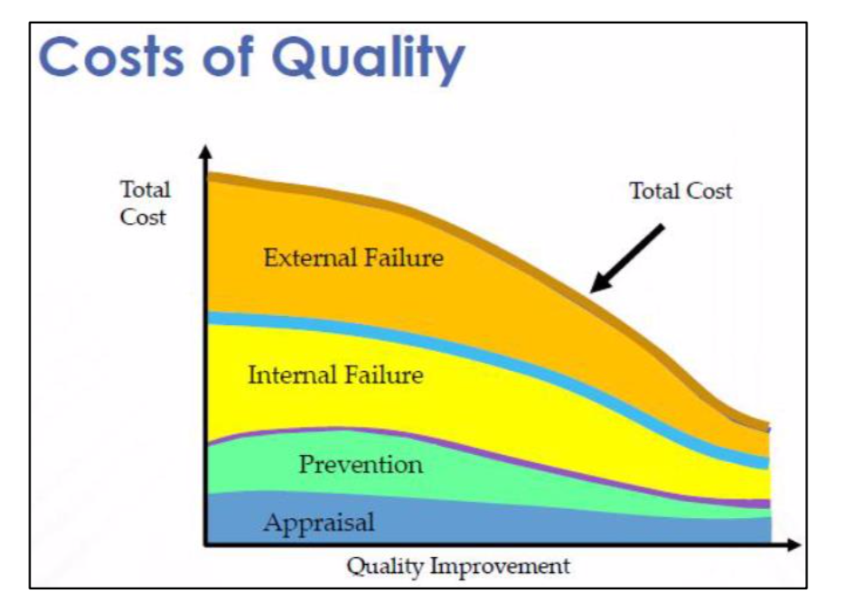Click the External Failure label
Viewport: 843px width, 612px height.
(x=353, y=258)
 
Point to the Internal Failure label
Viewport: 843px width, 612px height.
(x=335, y=374)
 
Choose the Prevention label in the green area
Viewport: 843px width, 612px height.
(x=361, y=465)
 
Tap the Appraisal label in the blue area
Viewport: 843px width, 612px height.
(x=318, y=522)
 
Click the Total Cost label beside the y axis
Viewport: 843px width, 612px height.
(x=145, y=203)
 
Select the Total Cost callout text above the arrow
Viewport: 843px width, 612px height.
(x=680, y=191)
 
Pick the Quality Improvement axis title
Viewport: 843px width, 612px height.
(x=458, y=567)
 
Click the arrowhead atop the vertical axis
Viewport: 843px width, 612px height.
(x=205, y=153)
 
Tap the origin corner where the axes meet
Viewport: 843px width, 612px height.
(x=206, y=544)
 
